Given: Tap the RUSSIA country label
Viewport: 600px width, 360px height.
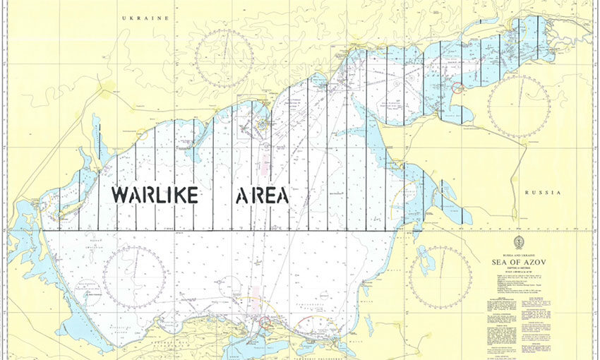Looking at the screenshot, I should [542, 193].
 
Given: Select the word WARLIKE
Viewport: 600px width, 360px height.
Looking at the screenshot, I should [154, 195].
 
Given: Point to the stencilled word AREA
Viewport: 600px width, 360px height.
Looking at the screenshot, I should [261, 195].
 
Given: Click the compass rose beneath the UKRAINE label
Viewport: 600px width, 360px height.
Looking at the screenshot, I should [224, 59].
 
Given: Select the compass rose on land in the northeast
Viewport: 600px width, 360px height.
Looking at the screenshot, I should [518, 106].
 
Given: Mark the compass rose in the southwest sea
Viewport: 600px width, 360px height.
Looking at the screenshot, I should [134, 276].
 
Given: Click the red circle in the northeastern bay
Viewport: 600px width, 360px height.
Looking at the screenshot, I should [457, 88].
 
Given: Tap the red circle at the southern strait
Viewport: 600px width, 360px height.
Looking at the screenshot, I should [265, 323].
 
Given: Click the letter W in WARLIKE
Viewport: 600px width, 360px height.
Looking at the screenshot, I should [121, 195].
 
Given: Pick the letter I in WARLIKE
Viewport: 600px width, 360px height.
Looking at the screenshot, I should [162, 195].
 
